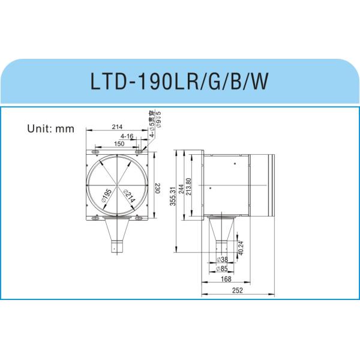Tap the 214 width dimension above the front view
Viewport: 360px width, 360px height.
(x=118, y=127)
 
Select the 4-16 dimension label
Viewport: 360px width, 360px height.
(x=127, y=136)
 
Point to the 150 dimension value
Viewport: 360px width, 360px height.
(x=119, y=144)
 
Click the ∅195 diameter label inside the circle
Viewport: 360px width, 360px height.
(x=106, y=195)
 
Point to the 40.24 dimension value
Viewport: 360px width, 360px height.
(x=241, y=248)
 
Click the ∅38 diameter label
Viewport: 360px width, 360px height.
(x=221, y=260)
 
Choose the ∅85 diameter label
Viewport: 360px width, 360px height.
(x=221, y=268)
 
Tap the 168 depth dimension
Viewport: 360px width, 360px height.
(x=226, y=278)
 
